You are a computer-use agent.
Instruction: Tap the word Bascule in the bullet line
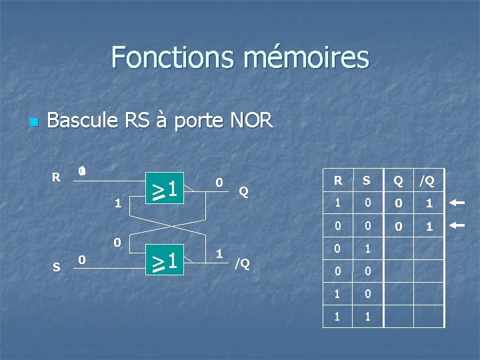[83, 121]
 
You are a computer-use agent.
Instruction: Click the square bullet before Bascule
[34, 123]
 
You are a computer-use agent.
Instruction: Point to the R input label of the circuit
[56, 177]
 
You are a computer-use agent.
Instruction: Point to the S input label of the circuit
[56, 267]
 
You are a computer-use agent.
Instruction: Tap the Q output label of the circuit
[243, 192]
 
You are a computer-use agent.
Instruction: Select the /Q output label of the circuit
[241, 263]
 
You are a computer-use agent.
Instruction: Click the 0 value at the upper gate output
[218, 182]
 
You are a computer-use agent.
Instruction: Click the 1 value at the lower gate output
[218, 253]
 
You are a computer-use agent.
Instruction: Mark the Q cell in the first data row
[398, 203]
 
